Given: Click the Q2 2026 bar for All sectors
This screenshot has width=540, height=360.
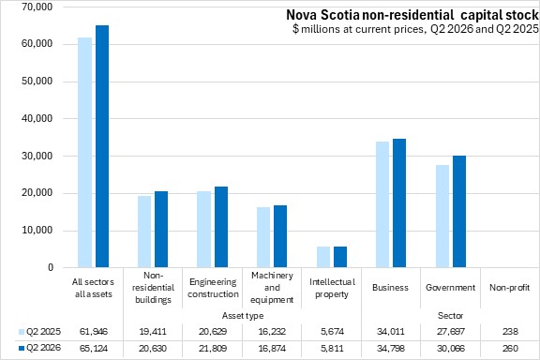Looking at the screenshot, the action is (x=102, y=146).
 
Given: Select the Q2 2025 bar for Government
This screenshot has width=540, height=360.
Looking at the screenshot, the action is (x=442, y=217).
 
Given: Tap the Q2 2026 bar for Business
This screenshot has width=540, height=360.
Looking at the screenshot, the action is (x=399, y=203).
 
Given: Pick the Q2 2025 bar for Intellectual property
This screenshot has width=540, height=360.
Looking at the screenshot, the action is (x=323, y=257).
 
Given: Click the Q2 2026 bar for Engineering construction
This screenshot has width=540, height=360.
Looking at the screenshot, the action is (x=221, y=227).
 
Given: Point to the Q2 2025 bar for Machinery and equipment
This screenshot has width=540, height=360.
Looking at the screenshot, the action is (x=263, y=237).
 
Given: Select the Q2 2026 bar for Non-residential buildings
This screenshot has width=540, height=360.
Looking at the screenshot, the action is (x=161, y=230).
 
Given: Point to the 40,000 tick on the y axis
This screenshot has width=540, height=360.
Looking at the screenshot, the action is (x=37, y=118).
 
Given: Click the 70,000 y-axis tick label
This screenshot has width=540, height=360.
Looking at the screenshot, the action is (x=37, y=7).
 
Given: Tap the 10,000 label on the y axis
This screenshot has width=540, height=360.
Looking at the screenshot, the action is (x=37, y=230).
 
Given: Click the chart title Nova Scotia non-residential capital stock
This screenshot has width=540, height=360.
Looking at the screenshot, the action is (x=412, y=15).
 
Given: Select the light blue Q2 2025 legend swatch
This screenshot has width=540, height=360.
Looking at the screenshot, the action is (x=22, y=332).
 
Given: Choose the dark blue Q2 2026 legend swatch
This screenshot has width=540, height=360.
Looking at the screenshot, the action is (x=22, y=349).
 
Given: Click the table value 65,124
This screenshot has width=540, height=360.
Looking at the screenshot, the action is (x=94, y=349).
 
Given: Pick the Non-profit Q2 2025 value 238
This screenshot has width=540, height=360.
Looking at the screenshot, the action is (x=510, y=332).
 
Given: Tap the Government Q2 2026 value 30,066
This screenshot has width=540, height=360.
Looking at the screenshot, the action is (x=450, y=349).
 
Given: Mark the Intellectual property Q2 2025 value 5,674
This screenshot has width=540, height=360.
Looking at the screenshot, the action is (x=332, y=332).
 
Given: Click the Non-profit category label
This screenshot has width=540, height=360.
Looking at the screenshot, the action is (x=509, y=287).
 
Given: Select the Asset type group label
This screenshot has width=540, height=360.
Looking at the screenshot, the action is (x=243, y=316).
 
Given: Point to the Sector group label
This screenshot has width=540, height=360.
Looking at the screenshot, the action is (x=450, y=316).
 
